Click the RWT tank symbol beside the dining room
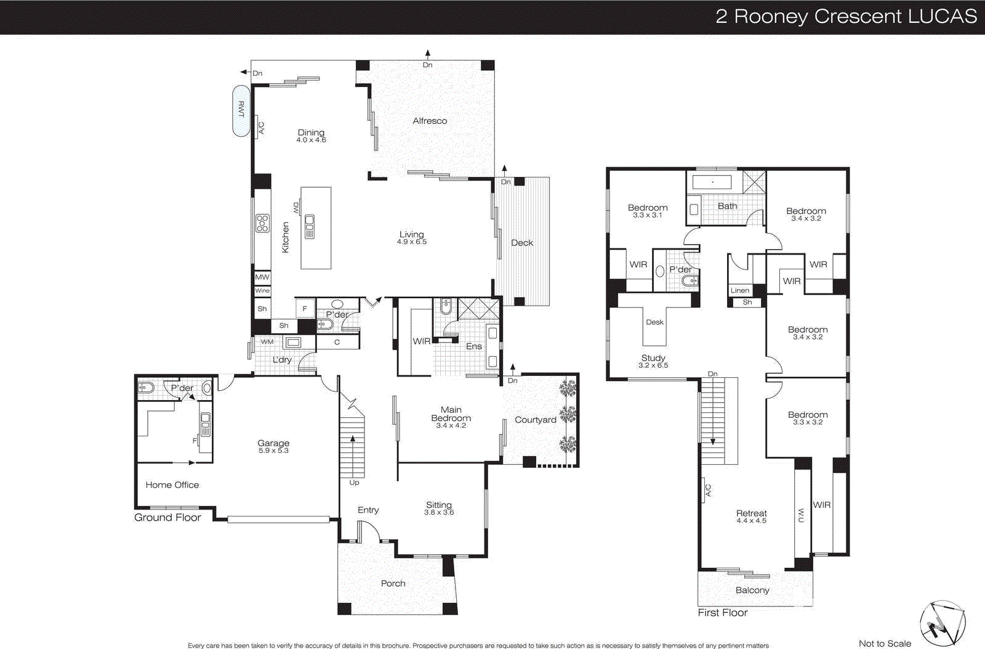[241, 110]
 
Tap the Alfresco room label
[430, 121]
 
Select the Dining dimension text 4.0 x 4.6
[311, 141]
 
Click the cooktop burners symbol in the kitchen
[262, 222]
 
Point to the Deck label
[522, 243]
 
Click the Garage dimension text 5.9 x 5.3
[273, 451]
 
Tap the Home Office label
[172, 485]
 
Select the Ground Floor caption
[167, 518]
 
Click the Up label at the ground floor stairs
[354, 483]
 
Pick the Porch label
[393, 584]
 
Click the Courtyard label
[535, 420]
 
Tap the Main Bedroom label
[451, 414]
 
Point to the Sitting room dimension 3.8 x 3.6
[438, 513]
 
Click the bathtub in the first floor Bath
[712, 182]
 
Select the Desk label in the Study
[654, 322]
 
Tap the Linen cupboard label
[740, 290]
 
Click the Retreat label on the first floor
[752, 513]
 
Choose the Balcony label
[752, 590]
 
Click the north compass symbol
[943, 623]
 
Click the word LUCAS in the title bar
[942, 17]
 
